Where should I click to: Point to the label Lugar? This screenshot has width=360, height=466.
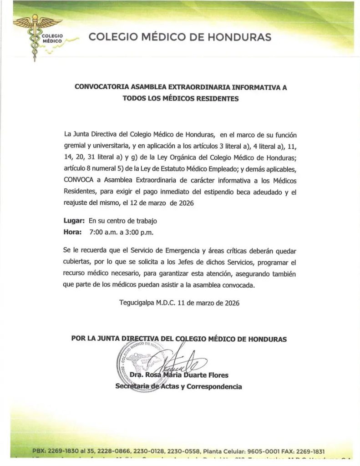tap(74, 221)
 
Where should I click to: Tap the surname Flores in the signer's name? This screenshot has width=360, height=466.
tap(216, 375)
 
